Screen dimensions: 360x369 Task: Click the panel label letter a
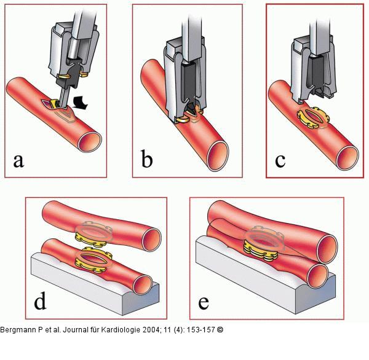(x=19, y=161)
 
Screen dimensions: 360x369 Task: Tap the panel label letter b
(x=147, y=160)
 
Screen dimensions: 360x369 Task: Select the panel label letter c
(x=281, y=160)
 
